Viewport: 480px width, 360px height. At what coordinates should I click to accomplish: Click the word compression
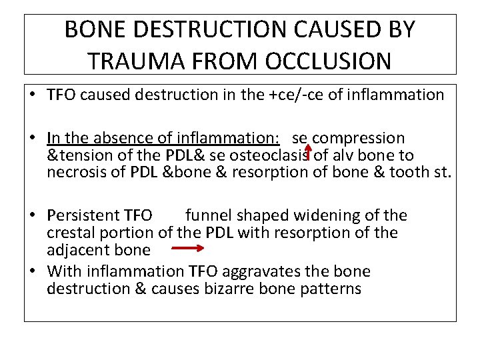(359, 139)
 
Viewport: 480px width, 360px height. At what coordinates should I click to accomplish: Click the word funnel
(207, 215)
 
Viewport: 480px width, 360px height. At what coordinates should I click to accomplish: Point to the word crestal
(69, 233)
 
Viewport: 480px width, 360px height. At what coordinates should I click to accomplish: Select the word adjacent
(75, 250)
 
